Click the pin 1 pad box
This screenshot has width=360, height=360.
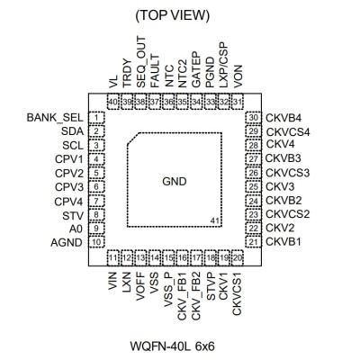pyautogui.click(x=96, y=118)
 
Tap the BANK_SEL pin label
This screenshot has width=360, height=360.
pyautogui.click(x=55, y=118)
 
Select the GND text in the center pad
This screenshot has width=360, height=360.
pyautogui.click(x=175, y=182)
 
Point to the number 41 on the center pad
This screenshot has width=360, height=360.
pyautogui.click(x=214, y=220)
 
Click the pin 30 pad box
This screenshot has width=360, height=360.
pyautogui.click(x=254, y=118)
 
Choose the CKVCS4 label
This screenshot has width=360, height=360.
pyautogui.click(x=288, y=131)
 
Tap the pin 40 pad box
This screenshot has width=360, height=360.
pyautogui.click(x=113, y=102)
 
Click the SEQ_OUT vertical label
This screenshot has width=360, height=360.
pyautogui.click(x=141, y=62)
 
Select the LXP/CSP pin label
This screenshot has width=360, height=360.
pyautogui.click(x=223, y=65)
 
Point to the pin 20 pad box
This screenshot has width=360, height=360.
pyautogui.click(x=238, y=257)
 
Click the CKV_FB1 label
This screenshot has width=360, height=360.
pyautogui.click(x=183, y=296)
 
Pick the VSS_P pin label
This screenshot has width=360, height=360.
pyautogui.click(x=168, y=290)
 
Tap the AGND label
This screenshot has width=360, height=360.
pyautogui.click(x=67, y=242)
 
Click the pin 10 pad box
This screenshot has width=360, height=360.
pyautogui.click(x=96, y=242)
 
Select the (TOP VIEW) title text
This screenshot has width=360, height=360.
pyautogui.click(x=173, y=16)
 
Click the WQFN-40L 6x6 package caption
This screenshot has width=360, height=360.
pyautogui.click(x=173, y=346)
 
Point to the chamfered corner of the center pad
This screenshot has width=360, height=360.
pyautogui.click(x=132, y=139)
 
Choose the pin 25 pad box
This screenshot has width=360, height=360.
pyautogui.click(x=254, y=187)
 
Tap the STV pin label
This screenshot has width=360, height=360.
pyautogui.click(x=73, y=215)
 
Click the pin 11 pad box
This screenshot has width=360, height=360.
pyautogui.click(x=113, y=257)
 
